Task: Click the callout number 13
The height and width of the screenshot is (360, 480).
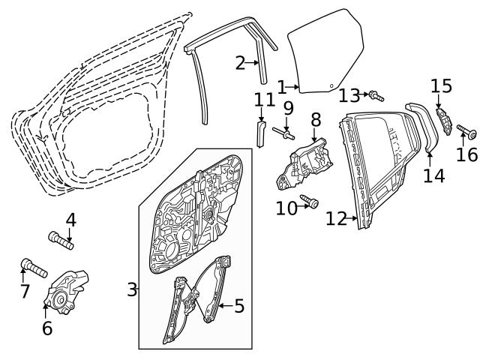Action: (349, 95)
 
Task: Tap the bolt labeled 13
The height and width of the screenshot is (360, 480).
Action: (376, 96)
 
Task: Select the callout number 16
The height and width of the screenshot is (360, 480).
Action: (466, 154)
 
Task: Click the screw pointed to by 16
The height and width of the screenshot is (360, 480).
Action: (466, 131)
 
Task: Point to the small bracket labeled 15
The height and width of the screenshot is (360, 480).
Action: (443, 120)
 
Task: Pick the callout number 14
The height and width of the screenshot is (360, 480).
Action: (433, 175)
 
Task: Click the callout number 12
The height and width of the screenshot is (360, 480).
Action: (336, 218)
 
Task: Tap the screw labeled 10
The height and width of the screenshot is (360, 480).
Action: (310, 200)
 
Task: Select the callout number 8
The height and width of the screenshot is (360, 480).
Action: (316, 119)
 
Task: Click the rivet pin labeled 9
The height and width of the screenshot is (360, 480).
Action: (283, 133)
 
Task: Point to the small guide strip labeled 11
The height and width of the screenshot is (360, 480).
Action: (261, 134)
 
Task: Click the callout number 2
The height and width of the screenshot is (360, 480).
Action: (241, 63)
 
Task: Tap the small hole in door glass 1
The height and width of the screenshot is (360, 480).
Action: (331, 86)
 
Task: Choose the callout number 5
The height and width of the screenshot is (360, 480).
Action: (239, 306)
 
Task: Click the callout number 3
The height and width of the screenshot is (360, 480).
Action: (132, 289)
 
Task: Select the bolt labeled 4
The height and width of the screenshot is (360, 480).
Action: (61, 240)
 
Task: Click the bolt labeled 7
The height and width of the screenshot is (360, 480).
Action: (34, 268)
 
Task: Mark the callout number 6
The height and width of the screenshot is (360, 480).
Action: (47, 328)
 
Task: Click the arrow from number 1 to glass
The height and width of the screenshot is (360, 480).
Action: (293, 88)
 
